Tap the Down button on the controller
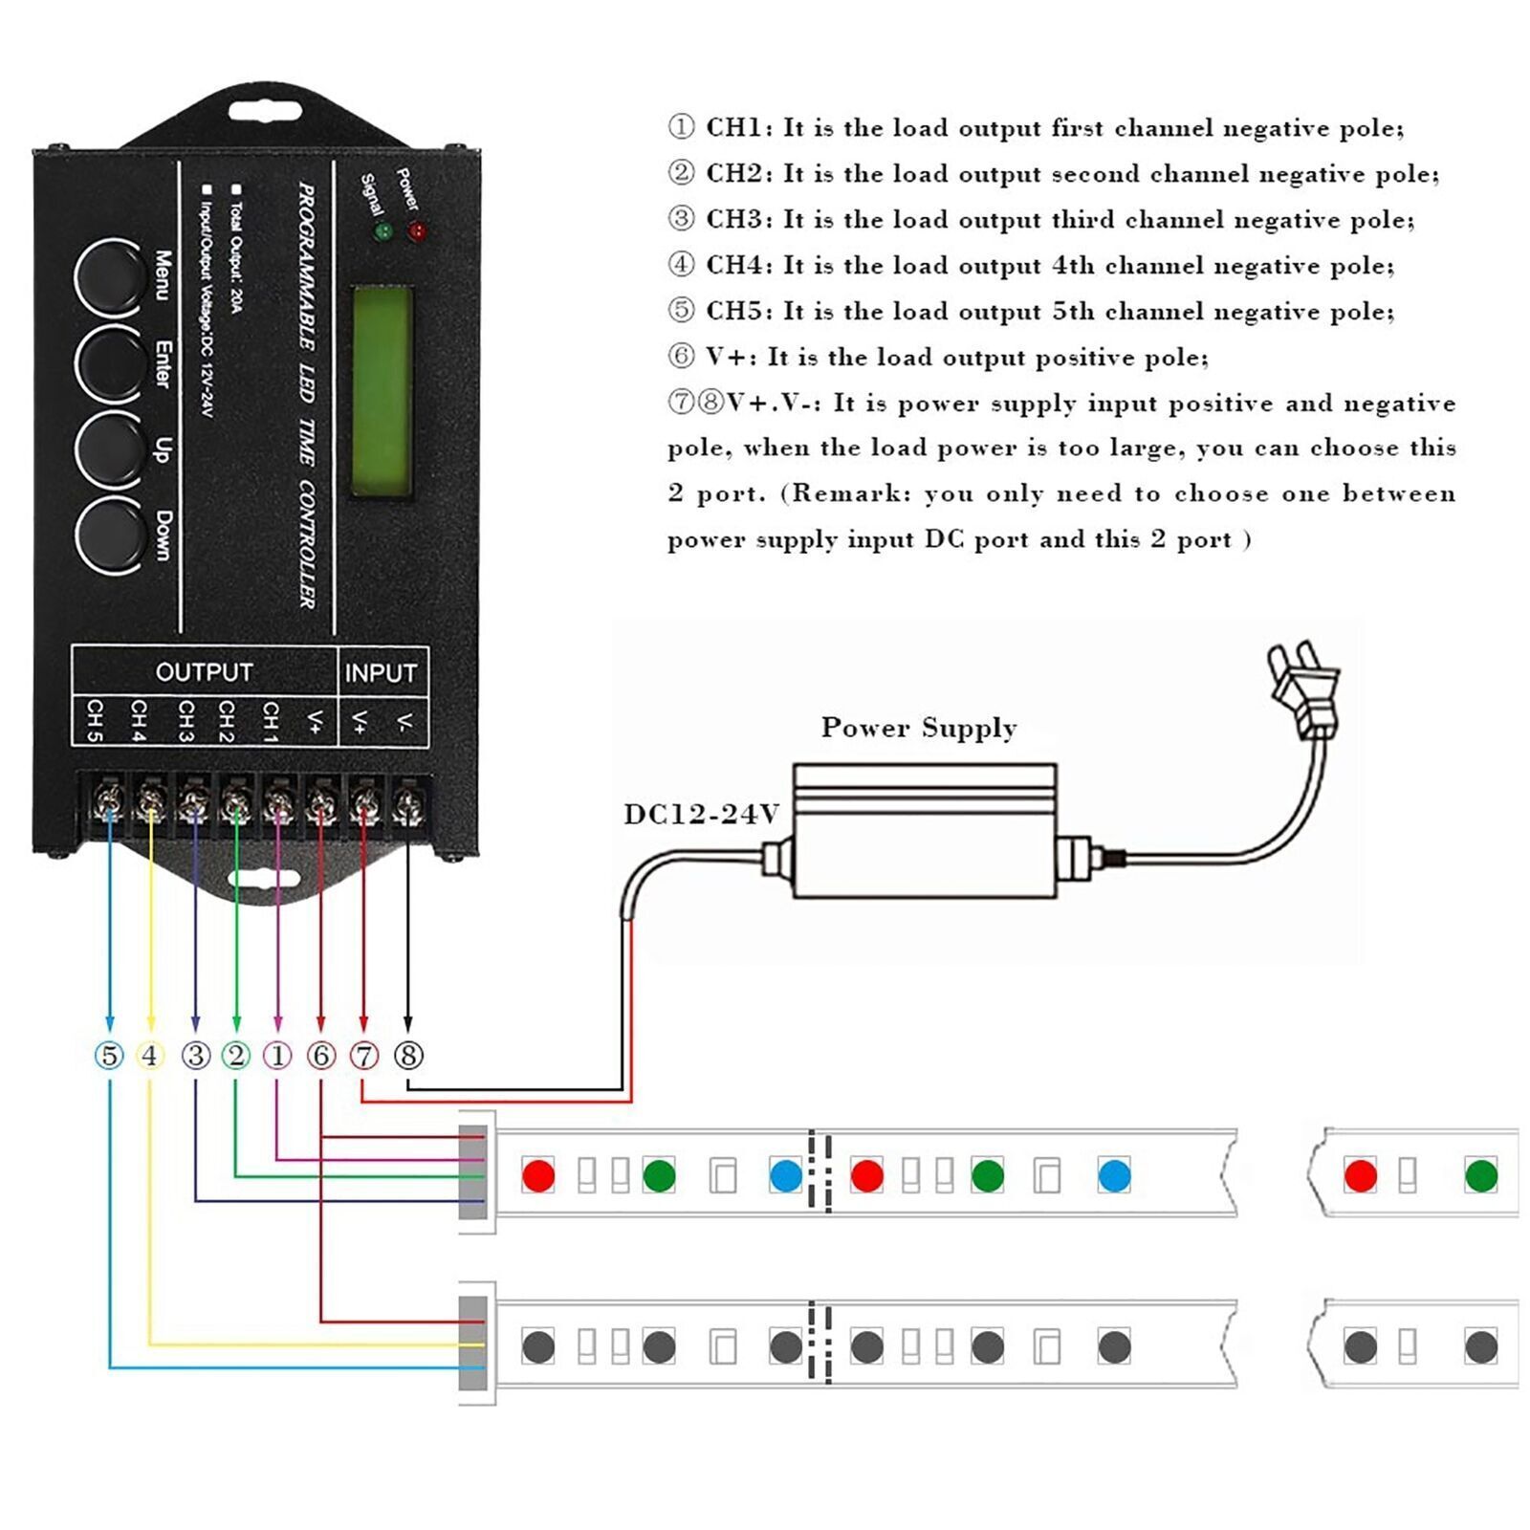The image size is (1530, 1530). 107,536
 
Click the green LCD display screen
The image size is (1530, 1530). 383,391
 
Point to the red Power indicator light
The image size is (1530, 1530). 417,231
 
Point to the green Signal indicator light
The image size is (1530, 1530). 383,231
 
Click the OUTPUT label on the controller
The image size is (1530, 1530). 204,672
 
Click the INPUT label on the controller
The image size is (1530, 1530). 381,673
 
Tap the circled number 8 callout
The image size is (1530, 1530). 408,1056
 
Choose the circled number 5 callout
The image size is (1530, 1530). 110,1056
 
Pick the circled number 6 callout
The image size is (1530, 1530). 321,1056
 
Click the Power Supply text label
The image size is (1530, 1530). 919,728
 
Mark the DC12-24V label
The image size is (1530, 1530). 702,815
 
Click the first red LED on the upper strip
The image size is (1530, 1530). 538,1175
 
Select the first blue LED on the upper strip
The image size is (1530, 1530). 785,1175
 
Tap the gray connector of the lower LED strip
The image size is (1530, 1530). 472,1344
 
